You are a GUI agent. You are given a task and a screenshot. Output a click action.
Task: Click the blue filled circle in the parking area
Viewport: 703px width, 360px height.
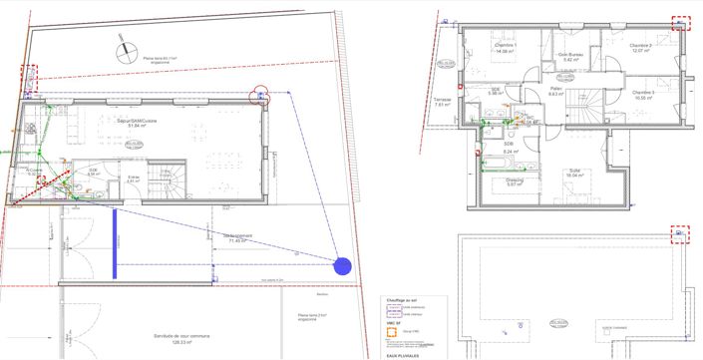point(342,266)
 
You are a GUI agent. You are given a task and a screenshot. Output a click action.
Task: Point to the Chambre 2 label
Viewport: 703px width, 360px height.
point(640,48)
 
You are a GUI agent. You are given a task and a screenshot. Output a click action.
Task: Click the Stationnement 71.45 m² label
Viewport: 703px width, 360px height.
point(237,238)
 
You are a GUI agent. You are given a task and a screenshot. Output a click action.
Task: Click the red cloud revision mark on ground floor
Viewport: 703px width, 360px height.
point(260,94)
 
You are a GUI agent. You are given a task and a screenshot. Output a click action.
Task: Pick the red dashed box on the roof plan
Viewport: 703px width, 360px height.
point(681,234)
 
